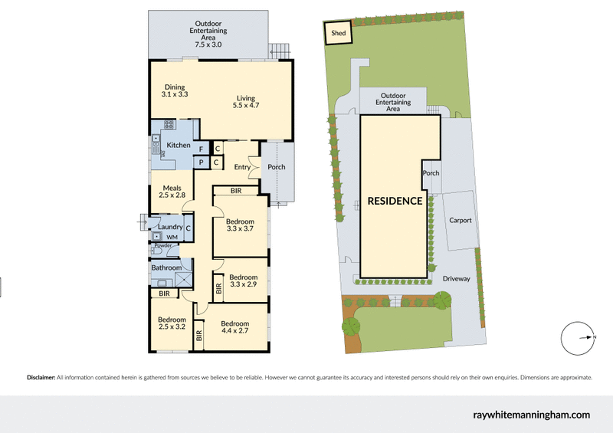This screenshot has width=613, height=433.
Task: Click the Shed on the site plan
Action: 338,33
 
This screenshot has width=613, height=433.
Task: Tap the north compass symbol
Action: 578,338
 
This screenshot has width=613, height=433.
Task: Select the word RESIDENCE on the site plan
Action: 395,202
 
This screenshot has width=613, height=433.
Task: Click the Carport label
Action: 461,221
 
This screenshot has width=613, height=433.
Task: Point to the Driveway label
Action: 456,279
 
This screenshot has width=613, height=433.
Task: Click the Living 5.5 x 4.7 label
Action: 245,102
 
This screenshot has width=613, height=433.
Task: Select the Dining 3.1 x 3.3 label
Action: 175,90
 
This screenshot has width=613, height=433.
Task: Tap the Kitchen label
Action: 179,145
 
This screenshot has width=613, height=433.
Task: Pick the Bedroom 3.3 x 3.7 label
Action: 240,226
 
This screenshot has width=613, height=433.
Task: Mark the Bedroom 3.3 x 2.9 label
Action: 243,280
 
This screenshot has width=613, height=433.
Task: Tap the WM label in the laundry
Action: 172,238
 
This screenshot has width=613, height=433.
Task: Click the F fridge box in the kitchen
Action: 202,149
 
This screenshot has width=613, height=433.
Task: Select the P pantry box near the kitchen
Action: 202,162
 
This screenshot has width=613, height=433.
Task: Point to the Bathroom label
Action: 166,267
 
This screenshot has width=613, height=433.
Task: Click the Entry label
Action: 242,167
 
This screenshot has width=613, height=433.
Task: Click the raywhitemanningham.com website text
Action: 532,415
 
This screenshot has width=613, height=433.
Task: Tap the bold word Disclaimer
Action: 41,378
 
